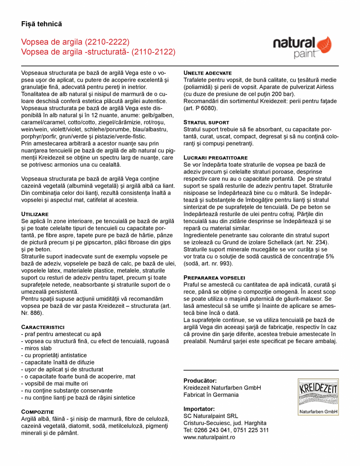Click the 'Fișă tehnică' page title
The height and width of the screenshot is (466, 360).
(x=42, y=24)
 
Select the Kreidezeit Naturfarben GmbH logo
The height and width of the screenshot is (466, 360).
(x=318, y=396)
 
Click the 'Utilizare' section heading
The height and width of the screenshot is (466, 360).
(x=35, y=214)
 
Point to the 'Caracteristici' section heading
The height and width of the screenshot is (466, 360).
(x=43, y=327)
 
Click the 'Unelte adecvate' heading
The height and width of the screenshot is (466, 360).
(x=208, y=73)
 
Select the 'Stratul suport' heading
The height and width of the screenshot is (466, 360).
(x=206, y=122)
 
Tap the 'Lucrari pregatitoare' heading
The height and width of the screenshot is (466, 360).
(x=215, y=157)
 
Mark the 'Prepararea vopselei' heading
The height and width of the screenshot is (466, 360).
(x=214, y=277)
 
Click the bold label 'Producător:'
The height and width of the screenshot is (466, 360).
(x=200, y=381)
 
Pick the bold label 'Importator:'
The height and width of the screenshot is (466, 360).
(x=199, y=409)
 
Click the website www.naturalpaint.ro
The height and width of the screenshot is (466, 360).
(x=209, y=437)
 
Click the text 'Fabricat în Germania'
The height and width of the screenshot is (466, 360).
(x=211, y=395)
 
